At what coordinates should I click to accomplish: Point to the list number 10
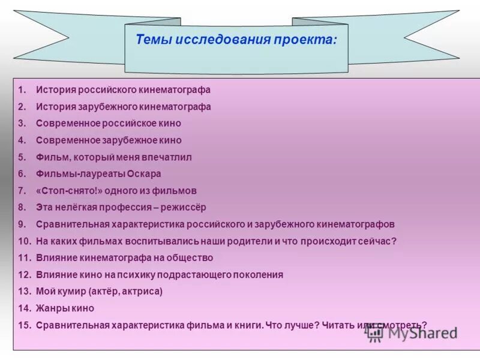(x=24, y=241)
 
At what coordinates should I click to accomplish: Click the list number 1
(x=22, y=90)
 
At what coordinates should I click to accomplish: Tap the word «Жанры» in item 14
(x=51, y=308)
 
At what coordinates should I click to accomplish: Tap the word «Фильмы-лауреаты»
(x=75, y=174)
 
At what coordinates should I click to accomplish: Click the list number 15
(x=24, y=325)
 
